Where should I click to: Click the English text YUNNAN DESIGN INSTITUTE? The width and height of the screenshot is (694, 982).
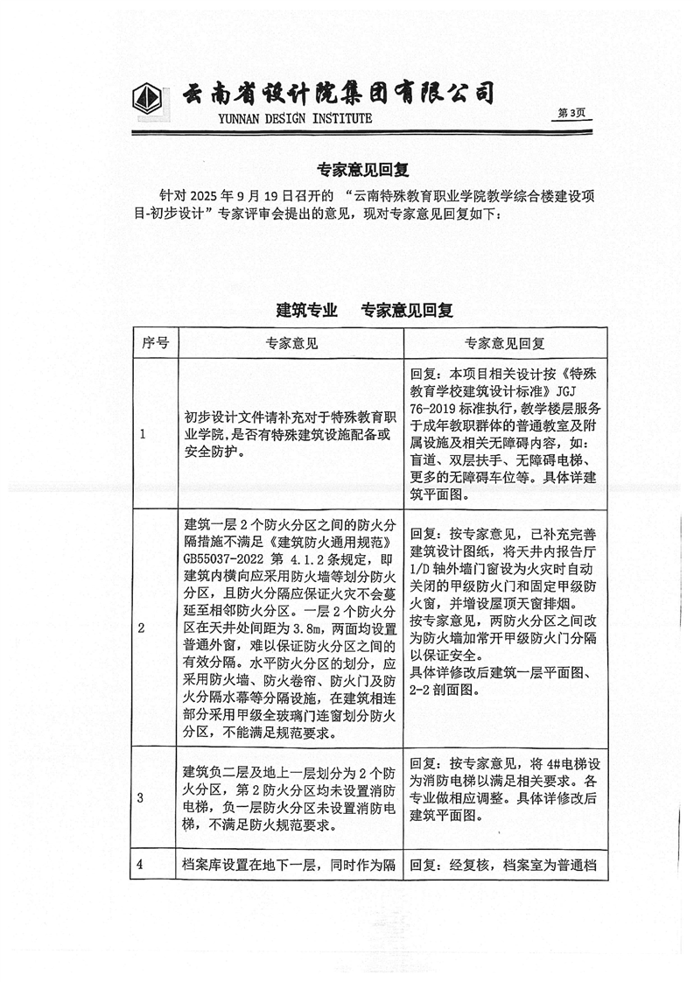click(x=277, y=118)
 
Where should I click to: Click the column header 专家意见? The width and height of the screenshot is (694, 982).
click(x=291, y=343)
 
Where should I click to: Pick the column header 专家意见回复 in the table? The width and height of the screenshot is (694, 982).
click(x=505, y=343)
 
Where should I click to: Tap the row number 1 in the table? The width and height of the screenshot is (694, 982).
click(x=143, y=434)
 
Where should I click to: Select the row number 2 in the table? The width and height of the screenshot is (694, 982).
click(x=143, y=628)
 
